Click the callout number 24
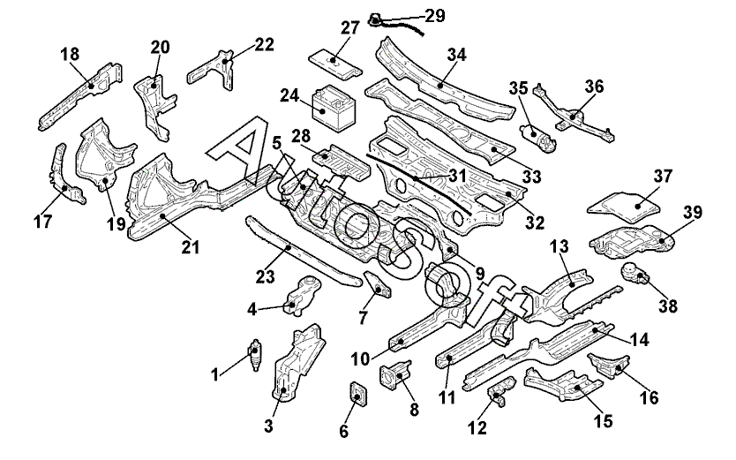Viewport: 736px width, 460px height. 290,95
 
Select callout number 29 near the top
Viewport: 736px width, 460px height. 435,16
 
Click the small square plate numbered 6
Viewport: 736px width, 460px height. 357,394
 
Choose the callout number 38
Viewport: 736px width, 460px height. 668,306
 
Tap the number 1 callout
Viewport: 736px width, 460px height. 214,376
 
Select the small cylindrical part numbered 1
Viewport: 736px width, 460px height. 257,354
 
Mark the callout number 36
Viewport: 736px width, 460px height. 594,87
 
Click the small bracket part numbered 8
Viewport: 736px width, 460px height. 393,374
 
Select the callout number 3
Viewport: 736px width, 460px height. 267,427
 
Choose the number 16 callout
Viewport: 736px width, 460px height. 649,398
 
